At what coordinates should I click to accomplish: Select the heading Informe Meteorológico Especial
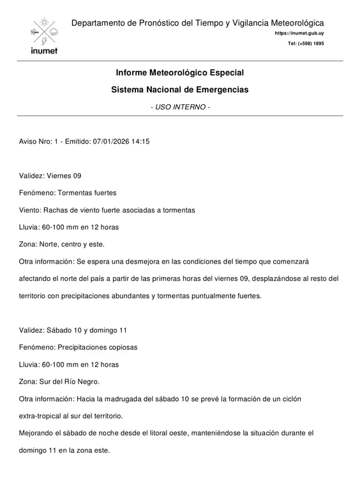[180, 73]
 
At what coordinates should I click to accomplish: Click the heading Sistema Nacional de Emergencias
[180, 90]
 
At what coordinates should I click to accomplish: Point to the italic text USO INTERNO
[180, 107]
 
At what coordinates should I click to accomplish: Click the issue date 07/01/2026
[114, 141]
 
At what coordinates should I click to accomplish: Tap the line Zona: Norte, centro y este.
[61, 244]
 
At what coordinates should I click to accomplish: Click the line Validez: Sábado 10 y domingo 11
[73, 330]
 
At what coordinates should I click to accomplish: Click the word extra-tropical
[40, 416]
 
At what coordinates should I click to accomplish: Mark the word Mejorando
[36, 433]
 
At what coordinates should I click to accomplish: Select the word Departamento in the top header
[99, 23]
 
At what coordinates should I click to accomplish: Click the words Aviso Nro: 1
[37, 141]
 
